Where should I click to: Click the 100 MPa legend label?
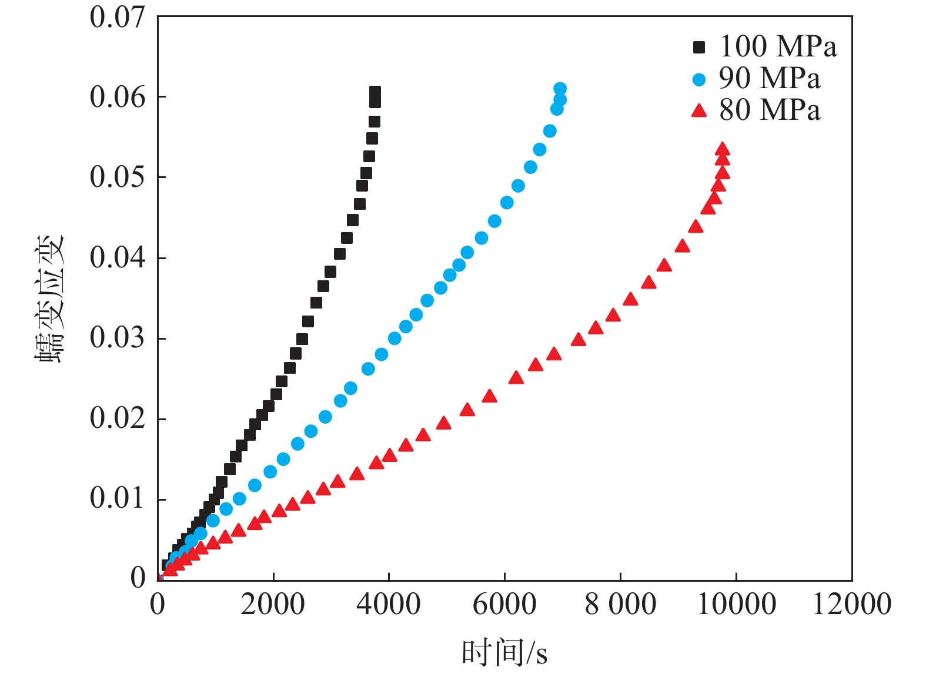point(778,46)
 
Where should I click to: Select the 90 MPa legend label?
point(769,78)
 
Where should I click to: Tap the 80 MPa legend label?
point(769,110)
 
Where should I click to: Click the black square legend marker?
point(698,47)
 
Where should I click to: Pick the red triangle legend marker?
point(698,110)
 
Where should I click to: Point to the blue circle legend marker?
point(698,79)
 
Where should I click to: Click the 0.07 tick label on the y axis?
point(117,17)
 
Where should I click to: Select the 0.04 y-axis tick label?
point(117,257)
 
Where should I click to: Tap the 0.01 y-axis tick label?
point(117,498)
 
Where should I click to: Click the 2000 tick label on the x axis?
point(273,605)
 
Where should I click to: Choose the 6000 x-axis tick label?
point(504,605)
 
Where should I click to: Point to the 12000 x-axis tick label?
point(851,605)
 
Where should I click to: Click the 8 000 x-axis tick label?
point(620,605)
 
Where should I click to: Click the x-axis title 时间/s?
point(504,653)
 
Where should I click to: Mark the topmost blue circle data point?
point(560,89)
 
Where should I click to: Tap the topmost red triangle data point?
point(723,149)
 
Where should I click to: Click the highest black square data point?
point(375,92)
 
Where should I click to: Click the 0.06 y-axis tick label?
point(117,97)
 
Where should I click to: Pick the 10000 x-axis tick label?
point(736,605)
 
